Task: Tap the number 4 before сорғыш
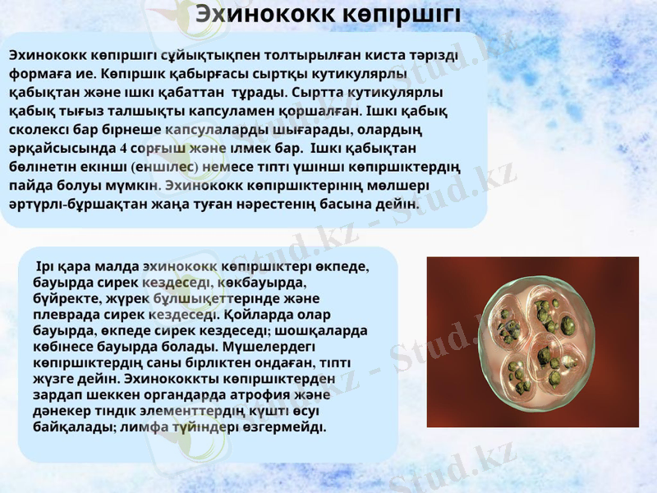(123, 149)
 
